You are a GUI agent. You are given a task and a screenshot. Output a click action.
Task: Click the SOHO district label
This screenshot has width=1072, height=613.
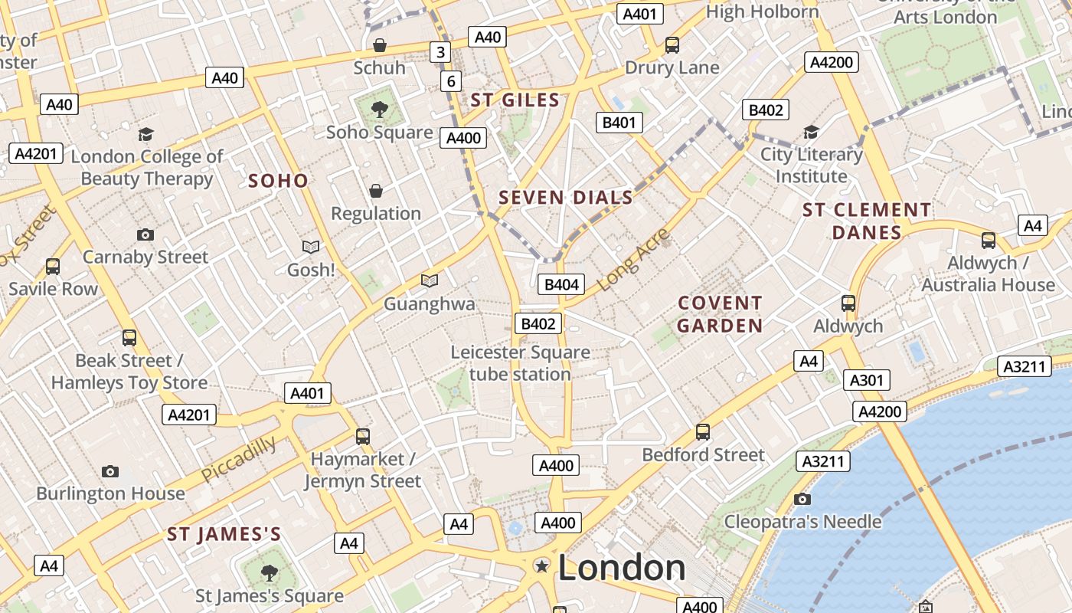click(279, 182)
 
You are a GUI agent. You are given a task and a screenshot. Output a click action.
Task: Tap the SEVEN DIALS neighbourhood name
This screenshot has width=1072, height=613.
click(566, 198)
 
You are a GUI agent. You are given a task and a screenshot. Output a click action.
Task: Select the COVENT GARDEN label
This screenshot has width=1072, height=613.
click(720, 314)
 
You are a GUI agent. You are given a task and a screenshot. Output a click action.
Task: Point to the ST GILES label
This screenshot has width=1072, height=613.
click(515, 100)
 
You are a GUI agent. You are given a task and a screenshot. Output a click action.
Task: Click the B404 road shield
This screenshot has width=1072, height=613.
click(561, 285)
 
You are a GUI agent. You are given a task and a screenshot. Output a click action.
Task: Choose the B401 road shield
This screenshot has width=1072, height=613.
click(619, 122)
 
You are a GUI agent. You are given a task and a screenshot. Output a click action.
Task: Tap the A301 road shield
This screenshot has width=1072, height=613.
click(867, 380)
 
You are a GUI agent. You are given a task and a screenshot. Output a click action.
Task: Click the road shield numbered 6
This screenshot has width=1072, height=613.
click(451, 81)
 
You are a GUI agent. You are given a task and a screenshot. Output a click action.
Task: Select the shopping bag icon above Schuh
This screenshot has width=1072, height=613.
click(379, 45)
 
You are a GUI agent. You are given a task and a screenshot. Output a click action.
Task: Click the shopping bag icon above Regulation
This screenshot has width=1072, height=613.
click(376, 191)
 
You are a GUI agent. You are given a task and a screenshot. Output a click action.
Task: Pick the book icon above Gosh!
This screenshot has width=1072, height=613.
click(311, 247)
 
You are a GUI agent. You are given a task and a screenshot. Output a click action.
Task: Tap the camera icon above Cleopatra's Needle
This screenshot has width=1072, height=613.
click(802, 500)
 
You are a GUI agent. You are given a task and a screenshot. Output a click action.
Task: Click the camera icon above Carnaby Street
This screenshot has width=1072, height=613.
click(145, 234)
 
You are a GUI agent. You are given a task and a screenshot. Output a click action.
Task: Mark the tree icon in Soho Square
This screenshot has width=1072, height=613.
click(379, 110)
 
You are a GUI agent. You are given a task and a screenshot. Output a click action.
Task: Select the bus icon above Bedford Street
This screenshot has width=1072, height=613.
click(703, 432)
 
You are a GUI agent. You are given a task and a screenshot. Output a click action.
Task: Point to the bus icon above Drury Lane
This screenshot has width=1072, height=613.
click(672, 45)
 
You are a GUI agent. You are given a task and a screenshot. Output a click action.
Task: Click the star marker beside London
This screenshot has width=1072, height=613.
click(542, 566)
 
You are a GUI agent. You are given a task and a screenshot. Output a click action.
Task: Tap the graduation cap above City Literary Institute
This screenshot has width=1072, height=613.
click(811, 133)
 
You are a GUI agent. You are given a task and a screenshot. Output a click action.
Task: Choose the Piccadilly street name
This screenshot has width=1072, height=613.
click(239, 459)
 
